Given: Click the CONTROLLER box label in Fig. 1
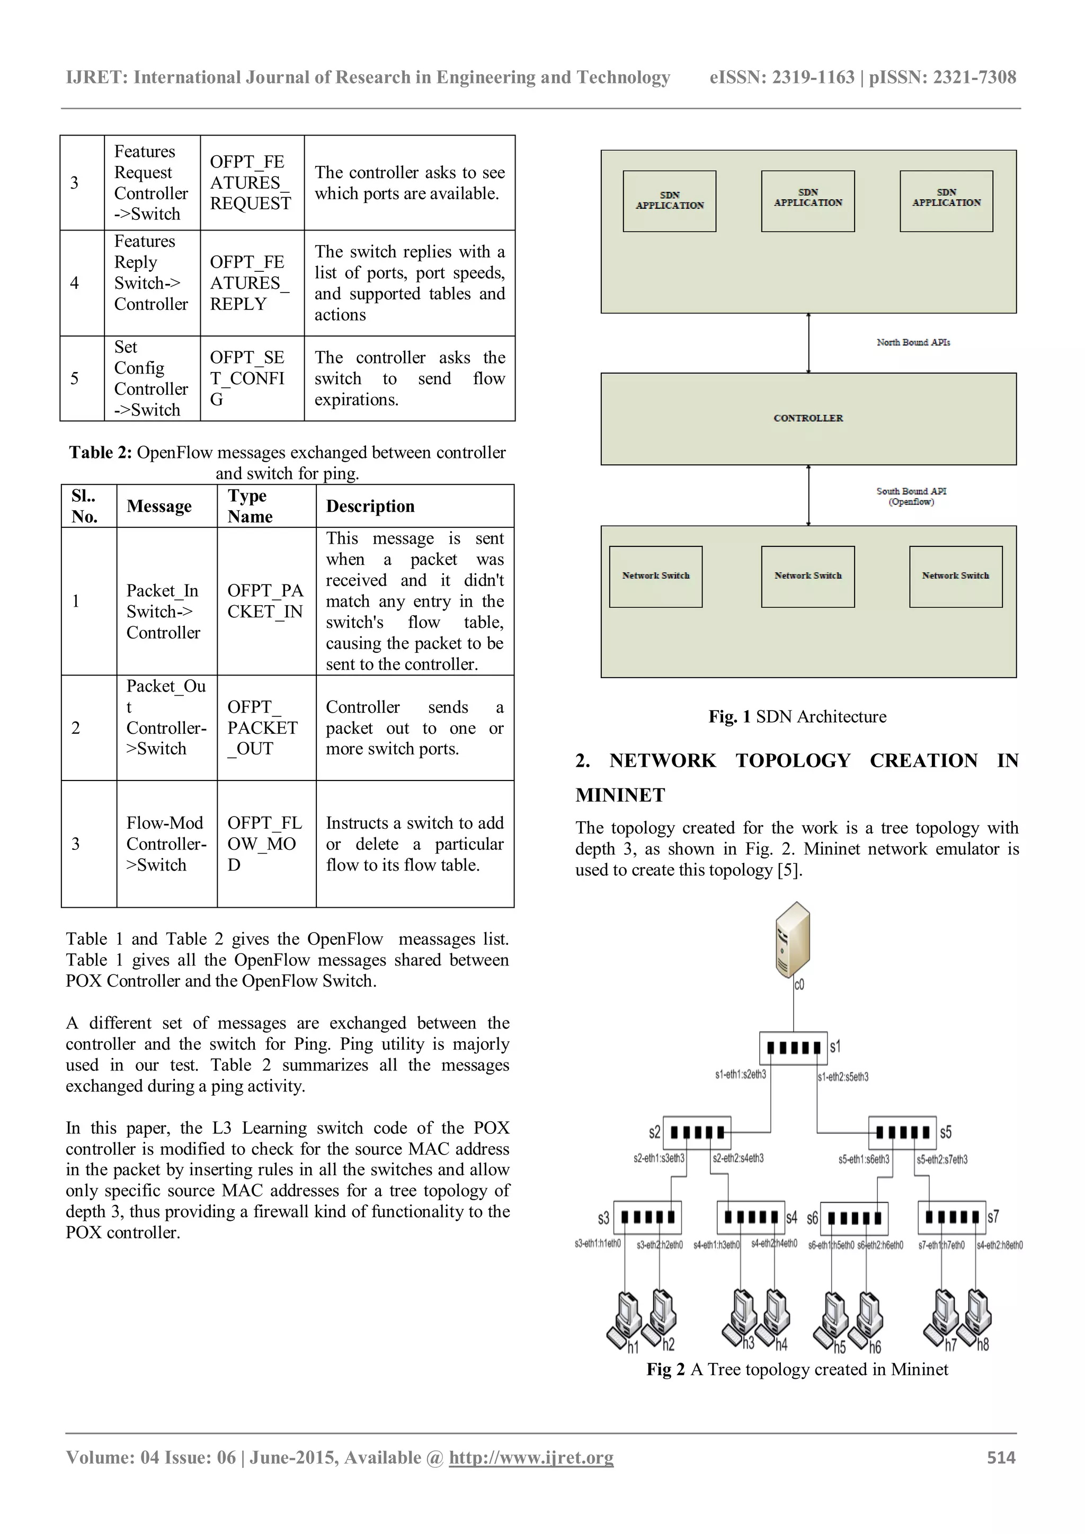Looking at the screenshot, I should [x=808, y=418].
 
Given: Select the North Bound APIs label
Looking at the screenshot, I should [x=913, y=343].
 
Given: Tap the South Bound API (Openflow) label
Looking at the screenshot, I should [x=911, y=496].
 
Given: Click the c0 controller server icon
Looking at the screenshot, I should [x=793, y=939].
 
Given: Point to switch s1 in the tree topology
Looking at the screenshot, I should [x=793, y=1047].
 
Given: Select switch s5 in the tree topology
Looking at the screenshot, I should [x=902, y=1132].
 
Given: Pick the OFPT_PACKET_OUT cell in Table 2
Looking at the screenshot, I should [x=263, y=728].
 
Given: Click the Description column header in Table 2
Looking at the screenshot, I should [x=370, y=507].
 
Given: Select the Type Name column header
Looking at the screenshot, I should [x=250, y=507].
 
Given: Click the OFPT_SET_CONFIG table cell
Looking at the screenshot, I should [x=247, y=378].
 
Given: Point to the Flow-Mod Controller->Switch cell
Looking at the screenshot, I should [x=166, y=844].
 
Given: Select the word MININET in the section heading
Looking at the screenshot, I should [x=620, y=795].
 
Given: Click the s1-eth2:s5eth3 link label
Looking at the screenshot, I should [x=843, y=1077].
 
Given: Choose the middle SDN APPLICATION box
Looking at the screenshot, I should [x=808, y=201].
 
